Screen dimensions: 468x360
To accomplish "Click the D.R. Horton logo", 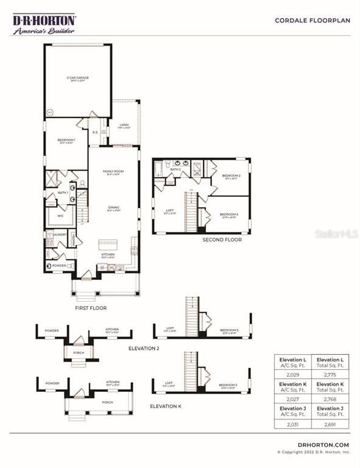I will tap(44, 24).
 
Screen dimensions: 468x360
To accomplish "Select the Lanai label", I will tap(124, 126).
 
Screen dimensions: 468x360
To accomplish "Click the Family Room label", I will tap(113, 172).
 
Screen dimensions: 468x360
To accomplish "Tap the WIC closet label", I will tap(60, 215).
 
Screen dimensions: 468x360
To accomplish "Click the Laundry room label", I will tap(59, 235).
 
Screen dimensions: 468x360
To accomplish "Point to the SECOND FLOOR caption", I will tap(222, 240).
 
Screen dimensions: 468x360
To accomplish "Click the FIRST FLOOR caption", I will tap(91, 308).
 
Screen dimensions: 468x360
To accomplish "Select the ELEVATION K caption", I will tap(166, 405).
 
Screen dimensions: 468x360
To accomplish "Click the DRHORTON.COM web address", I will tap(324, 445).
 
